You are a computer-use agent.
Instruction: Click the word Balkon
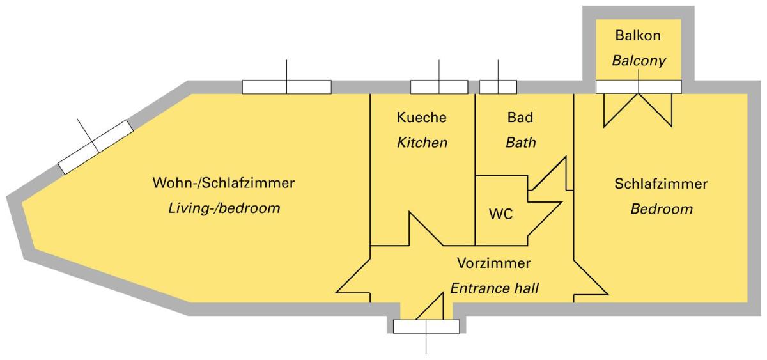(x=638, y=35)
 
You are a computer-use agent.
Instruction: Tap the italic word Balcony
(x=639, y=61)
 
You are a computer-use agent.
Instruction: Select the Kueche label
(x=422, y=118)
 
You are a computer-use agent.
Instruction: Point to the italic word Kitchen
(x=422, y=143)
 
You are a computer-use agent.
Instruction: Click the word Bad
(x=520, y=118)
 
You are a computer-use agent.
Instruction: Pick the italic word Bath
(x=520, y=143)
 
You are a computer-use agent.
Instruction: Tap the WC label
(x=500, y=214)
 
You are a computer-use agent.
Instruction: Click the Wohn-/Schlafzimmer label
(x=223, y=184)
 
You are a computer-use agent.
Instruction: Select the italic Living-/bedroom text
(x=224, y=208)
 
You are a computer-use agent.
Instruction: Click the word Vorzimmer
(x=493, y=263)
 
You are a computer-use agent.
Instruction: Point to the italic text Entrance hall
(x=494, y=288)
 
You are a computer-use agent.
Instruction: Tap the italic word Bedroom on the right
(x=662, y=209)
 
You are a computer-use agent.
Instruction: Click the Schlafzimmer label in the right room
(x=661, y=184)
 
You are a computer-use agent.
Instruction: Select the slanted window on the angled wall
(x=96, y=146)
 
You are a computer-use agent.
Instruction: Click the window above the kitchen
(x=438, y=87)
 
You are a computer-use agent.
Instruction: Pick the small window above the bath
(x=498, y=87)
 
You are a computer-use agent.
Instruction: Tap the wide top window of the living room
(x=286, y=87)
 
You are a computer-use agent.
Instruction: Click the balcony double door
(x=639, y=102)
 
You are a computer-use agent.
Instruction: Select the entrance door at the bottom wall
(x=426, y=326)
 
